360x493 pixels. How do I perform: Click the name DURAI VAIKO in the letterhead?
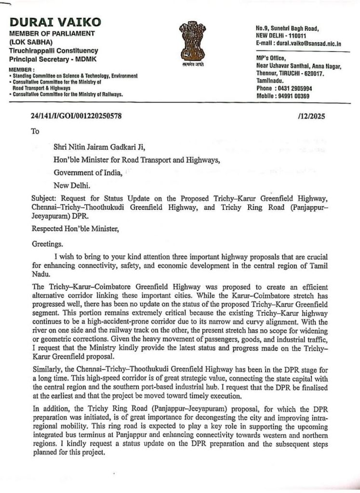55,22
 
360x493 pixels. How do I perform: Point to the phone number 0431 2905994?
293,89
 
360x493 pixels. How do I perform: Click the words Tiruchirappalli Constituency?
53,51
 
